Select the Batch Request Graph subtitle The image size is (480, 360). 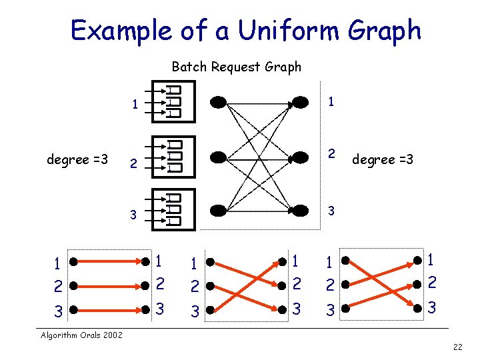(236, 67)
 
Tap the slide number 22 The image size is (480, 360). (457, 346)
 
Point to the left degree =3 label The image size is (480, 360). (77, 159)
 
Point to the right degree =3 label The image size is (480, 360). (383, 159)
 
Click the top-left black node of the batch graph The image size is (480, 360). (218, 102)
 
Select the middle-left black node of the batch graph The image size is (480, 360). (218, 157)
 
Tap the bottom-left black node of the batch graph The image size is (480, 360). (218, 211)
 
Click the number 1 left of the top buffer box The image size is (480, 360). (135, 104)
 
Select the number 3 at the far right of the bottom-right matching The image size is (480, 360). (432, 309)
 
